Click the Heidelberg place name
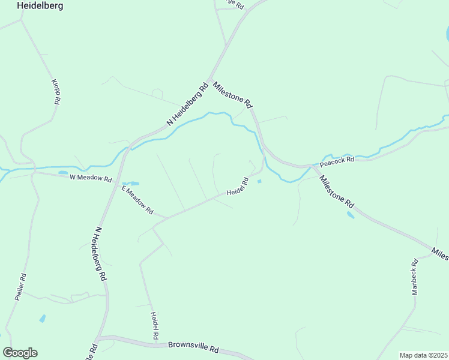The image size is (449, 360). [x=40, y=5]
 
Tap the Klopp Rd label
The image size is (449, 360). [x=55, y=92]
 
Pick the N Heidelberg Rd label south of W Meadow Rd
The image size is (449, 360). [x=100, y=254]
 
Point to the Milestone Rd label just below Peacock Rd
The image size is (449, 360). [x=337, y=191]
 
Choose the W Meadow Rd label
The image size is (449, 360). [x=91, y=178]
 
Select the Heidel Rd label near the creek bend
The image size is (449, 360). [x=238, y=186]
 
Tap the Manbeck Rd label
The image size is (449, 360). [x=415, y=277]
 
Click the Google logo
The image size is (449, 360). [x=20, y=353]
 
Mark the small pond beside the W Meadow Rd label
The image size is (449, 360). [x=63, y=173]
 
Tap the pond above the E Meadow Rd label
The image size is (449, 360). [x=130, y=184]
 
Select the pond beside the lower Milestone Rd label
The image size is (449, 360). [x=350, y=214]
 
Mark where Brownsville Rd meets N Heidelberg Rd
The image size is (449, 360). [x=101, y=338]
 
